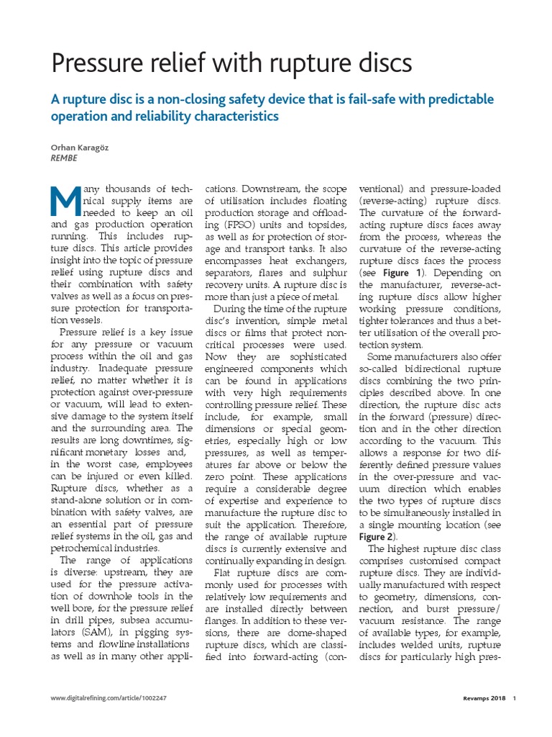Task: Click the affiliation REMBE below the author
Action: (x=64, y=158)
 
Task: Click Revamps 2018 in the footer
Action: (x=480, y=698)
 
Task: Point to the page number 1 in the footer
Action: (x=515, y=698)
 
